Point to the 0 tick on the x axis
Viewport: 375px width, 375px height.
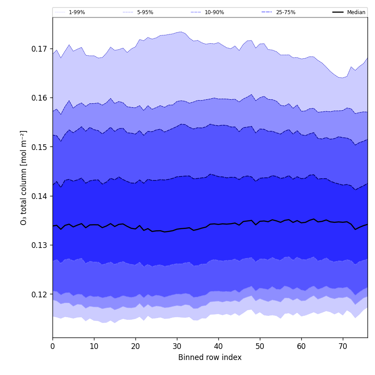click(x=52, y=346)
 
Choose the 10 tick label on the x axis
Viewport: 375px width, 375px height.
click(x=94, y=346)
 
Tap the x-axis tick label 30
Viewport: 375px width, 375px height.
click(x=177, y=346)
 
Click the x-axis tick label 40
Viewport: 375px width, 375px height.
click(x=218, y=346)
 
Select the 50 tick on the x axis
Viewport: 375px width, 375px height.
click(x=260, y=346)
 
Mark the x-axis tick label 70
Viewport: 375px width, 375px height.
click(x=343, y=346)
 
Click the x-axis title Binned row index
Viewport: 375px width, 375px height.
click(x=210, y=357)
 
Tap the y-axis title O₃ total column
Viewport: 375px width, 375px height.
click(x=24, y=177)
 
